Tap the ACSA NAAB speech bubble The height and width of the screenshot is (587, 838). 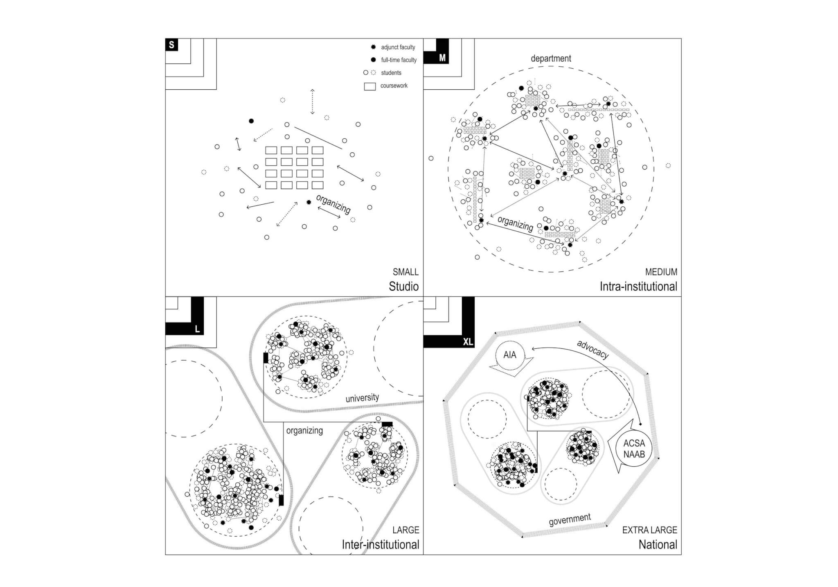coord(631,449)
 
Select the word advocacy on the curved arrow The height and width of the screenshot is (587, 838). coord(592,349)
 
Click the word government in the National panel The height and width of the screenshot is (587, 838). coord(570,519)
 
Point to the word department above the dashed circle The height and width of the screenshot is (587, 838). coord(551,59)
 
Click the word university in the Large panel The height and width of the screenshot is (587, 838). coord(362,398)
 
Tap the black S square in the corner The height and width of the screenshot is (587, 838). coord(171,45)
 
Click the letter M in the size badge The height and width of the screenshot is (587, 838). coord(442,58)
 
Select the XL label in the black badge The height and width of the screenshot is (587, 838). coord(468,342)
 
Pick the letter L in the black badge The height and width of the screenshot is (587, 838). coord(197,329)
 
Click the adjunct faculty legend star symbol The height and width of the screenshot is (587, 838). coord(373,47)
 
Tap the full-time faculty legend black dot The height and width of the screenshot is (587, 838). coord(373,60)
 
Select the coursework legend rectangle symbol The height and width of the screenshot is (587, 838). coord(370,86)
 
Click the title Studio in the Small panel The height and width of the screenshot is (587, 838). coord(403,286)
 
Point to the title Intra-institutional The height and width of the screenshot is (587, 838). coord(638,286)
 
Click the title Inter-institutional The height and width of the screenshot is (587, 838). coord(381,544)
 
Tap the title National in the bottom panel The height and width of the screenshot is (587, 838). coord(658,544)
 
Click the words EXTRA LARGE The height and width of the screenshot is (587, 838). coord(650,530)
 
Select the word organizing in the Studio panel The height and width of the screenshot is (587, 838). coord(333,204)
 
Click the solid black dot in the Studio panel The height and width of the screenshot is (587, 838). coord(251,121)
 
